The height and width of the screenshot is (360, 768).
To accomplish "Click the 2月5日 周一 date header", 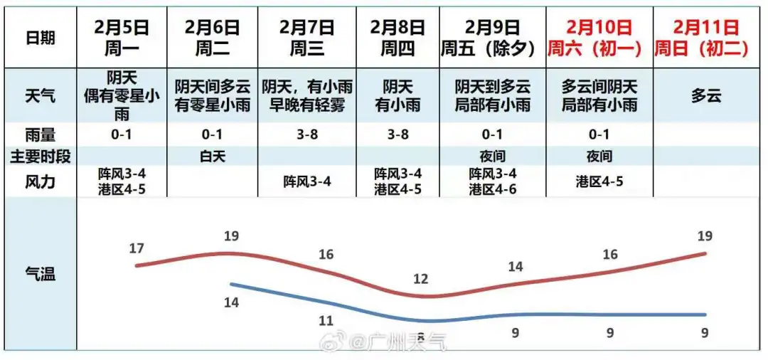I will click(x=122, y=38).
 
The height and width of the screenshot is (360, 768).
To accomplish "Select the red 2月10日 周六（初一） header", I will click(x=599, y=38).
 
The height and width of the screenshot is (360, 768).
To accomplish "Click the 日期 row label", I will click(x=40, y=38).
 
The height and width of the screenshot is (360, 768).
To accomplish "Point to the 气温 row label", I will click(x=40, y=273).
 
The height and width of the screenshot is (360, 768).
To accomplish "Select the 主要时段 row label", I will click(x=40, y=157).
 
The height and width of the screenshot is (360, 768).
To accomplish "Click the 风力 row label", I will click(x=40, y=181).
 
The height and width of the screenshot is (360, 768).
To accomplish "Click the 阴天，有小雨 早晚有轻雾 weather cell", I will click(x=306, y=96).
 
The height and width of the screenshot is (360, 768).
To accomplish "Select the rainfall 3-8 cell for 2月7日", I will click(x=306, y=134).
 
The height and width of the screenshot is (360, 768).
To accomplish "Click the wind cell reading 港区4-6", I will click(x=492, y=189).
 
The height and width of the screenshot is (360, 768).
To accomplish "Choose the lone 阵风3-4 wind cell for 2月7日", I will click(x=306, y=181).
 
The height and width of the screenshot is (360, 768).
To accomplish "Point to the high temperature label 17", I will click(x=137, y=248).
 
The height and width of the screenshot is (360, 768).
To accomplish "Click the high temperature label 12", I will click(x=421, y=279).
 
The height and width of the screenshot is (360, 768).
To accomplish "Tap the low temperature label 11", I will click(x=326, y=320).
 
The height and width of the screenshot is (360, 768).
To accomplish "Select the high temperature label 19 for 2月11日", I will click(x=705, y=236).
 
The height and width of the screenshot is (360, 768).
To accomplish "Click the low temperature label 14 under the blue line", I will click(x=231, y=302).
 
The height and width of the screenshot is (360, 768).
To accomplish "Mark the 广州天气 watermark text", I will click(x=408, y=344).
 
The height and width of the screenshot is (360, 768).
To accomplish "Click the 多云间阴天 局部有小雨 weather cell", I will click(x=599, y=96).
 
